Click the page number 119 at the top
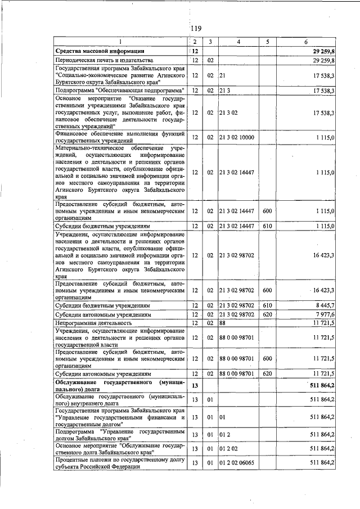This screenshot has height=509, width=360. click(196, 29)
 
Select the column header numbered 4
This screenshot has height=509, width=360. click(238, 42)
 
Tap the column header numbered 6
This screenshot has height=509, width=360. click(305, 42)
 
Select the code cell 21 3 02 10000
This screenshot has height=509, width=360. click(237, 137)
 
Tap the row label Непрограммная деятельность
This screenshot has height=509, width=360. click(93, 323)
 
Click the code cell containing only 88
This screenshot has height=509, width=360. click(223, 323)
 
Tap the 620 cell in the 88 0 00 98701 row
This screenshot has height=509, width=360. click(267, 373)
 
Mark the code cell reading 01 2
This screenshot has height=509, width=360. click(225, 435)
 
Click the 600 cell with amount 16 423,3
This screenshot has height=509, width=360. click(267, 290)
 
